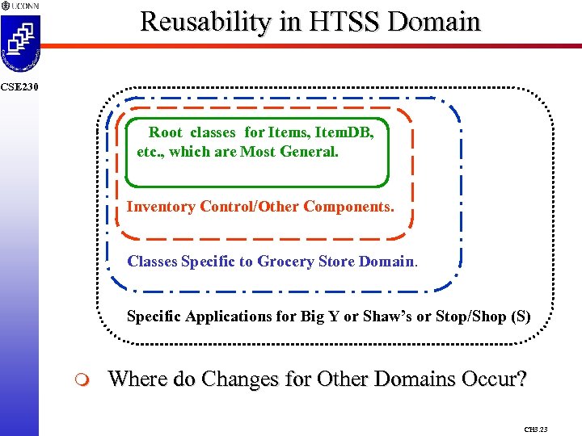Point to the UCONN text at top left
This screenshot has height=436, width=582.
click(x=22, y=6)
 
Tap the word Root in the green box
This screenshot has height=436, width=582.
click(x=165, y=132)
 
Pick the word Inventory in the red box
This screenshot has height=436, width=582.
click(x=161, y=207)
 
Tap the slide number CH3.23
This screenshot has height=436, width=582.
click(x=535, y=430)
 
